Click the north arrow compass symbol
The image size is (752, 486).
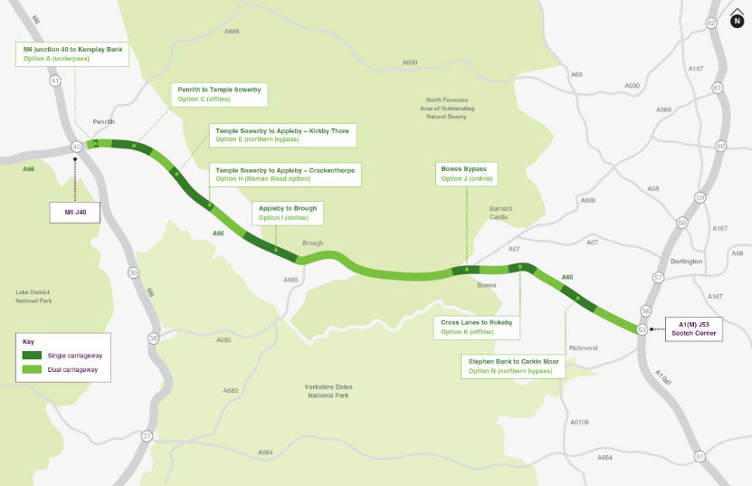pyautogui.click(x=737, y=21)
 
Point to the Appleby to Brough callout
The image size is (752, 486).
pyautogui.click(x=288, y=213)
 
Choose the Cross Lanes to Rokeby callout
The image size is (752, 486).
pyautogui.click(x=476, y=327)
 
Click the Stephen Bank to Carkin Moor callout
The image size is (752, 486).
pyautogui.click(x=513, y=366)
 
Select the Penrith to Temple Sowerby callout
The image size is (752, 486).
pyautogui.click(x=219, y=94)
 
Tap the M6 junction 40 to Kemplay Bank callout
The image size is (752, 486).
pyautogui.click(x=72, y=53)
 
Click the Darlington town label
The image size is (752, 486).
pyautogui.click(x=686, y=262)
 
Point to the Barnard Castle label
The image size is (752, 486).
pyautogui.click(x=500, y=212)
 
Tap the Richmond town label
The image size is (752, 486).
pyautogui.click(x=583, y=348)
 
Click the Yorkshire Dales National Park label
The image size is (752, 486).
pyautogui.click(x=328, y=391)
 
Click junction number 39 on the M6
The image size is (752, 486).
pyautogui.click(x=133, y=272)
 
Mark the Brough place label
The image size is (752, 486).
pyautogui.click(x=312, y=243)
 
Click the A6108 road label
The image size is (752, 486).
pyautogui.click(x=579, y=422)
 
